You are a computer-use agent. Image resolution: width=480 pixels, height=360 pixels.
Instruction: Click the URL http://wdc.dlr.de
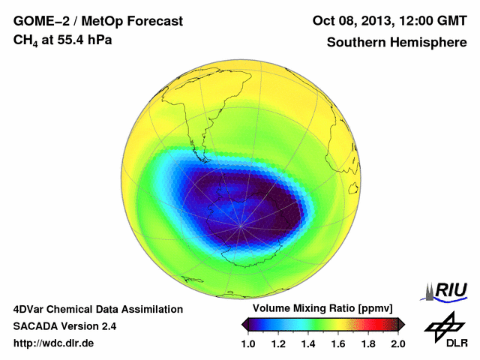(x=54, y=344)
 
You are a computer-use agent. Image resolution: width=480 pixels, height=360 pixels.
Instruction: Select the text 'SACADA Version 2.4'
(x=64, y=326)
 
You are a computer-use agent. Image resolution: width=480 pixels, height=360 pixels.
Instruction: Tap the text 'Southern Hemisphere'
(x=397, y=42)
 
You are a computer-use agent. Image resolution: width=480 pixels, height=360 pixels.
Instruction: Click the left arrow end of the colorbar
(x=244, y=323)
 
